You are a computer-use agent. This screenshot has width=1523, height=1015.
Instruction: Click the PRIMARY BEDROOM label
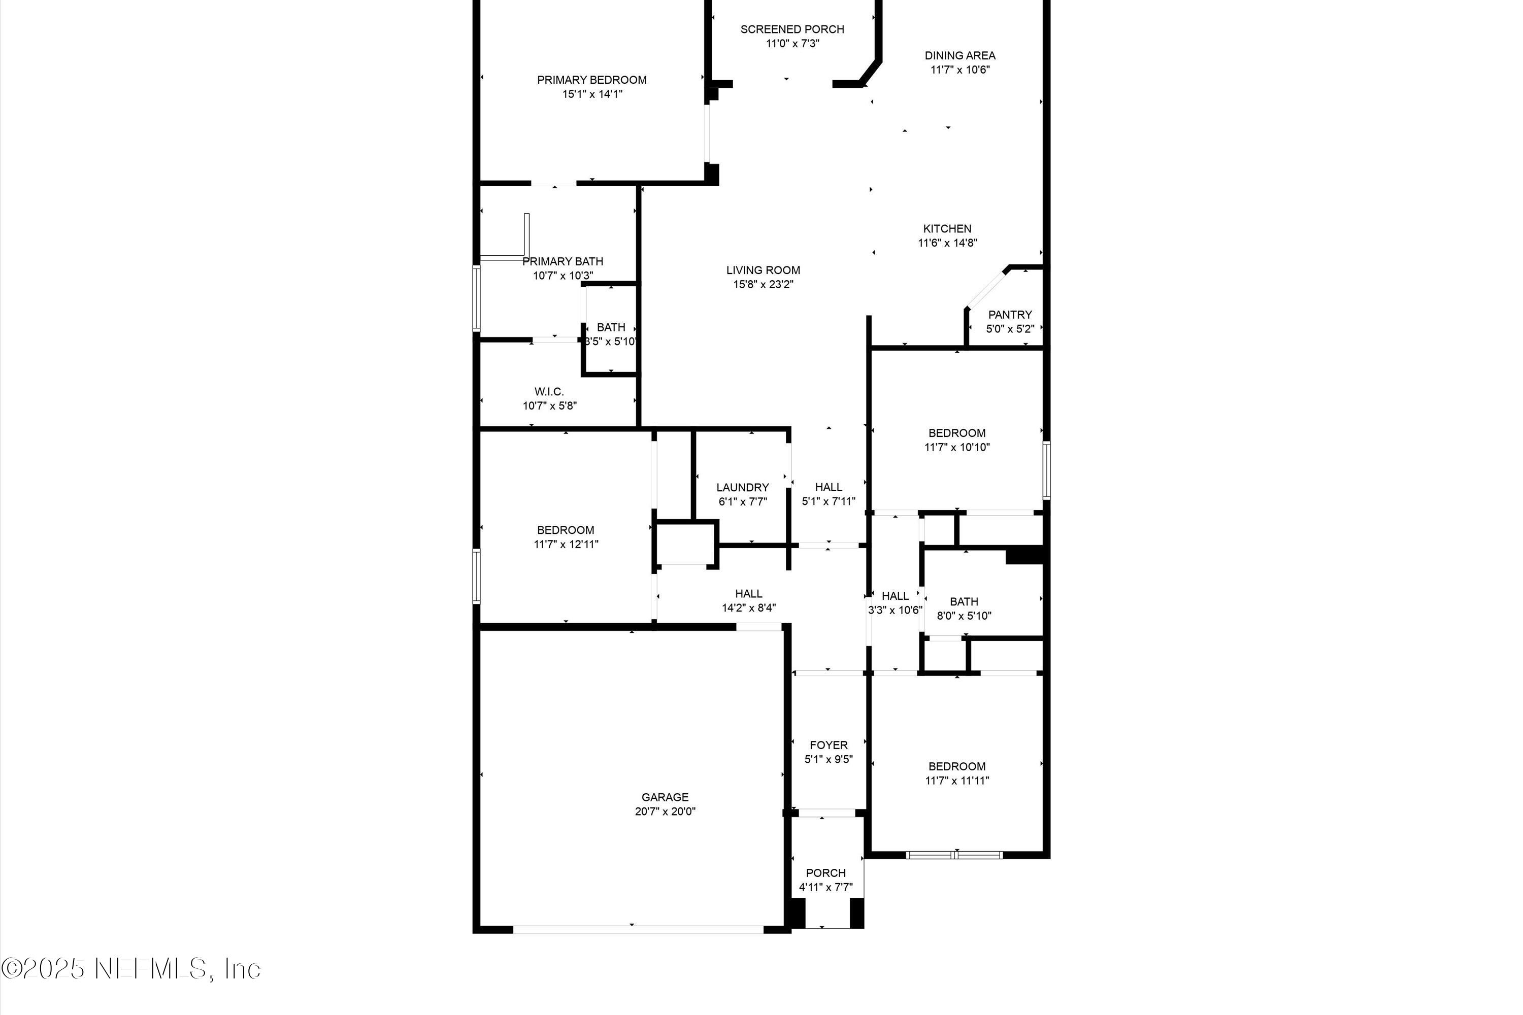[591, 80]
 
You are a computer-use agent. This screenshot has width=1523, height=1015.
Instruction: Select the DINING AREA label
[959, 56]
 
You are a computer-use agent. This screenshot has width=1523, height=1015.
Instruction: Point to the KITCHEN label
[947, 228]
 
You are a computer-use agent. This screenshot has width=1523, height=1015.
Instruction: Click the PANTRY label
[1010, 315]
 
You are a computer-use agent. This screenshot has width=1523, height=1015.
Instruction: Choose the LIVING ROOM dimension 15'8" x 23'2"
[763, 284]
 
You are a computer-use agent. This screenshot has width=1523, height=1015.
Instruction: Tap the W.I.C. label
[549, 392]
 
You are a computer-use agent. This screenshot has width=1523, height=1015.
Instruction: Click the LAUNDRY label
[742, 487]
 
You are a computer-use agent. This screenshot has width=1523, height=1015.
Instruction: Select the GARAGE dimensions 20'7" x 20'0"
[665, 811]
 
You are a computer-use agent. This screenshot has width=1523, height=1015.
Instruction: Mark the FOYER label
[828, 745]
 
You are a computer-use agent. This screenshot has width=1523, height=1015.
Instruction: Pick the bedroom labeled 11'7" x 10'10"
[956, 440]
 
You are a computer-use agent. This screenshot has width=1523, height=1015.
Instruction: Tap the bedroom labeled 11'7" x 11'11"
[956, 773]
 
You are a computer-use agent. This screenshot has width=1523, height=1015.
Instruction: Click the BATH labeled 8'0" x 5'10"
[964, 608]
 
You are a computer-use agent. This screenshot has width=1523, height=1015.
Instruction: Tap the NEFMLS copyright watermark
[131, 968]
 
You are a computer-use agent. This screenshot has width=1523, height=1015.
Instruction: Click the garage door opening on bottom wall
[638, 930]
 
